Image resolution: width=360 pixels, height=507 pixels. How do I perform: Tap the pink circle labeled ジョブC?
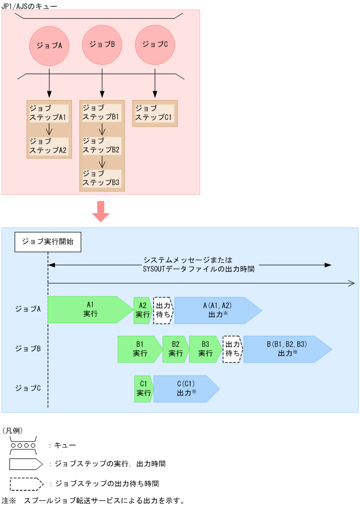click(x=155, y=45)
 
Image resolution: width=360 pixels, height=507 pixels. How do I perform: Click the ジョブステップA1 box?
click(x=49, y=113)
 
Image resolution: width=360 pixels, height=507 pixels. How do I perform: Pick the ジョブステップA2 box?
click(x=49, y=146)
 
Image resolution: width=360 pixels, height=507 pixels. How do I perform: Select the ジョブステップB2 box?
click(x=102, y=146)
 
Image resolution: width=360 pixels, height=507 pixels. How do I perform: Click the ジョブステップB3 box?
click(x=102, y=178)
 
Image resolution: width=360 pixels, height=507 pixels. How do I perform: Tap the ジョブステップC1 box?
click(x=155, y=113)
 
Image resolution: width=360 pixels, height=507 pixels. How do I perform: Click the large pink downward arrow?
click(x=101, y=211)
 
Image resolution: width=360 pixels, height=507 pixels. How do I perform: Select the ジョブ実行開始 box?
click(x=48, y=242)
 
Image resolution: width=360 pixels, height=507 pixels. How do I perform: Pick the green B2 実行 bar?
click(x=176, y=349)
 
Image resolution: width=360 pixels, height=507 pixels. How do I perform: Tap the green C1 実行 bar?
click(x=143, y=389)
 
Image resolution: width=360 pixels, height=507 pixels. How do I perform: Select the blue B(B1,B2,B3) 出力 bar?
click(x=286, y=349)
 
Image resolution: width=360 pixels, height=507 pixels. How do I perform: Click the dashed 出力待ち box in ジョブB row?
click(x=232, y=349)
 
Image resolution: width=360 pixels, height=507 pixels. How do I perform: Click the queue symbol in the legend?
click(x=22, y=445)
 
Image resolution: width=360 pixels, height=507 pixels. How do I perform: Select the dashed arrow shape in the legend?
click(x=26, y=483)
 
